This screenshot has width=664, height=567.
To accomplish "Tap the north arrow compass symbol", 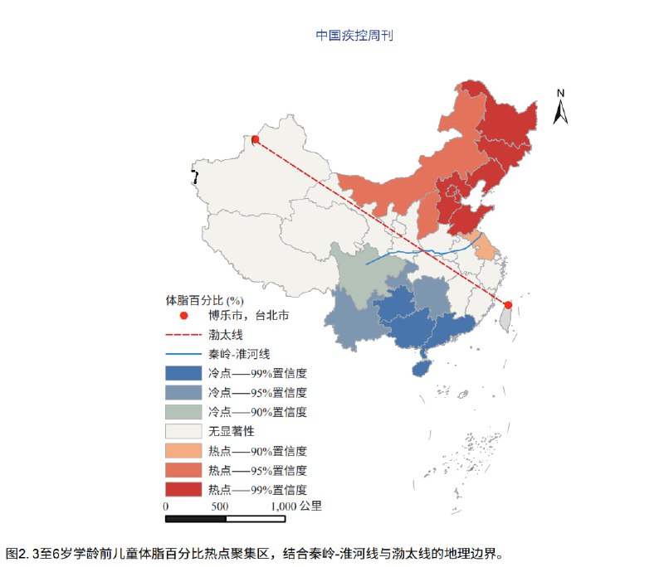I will (x=561, y=107).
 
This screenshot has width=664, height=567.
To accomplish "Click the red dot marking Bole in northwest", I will (x=256, y=140).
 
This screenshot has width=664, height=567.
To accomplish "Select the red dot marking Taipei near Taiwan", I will (x=508, y=304).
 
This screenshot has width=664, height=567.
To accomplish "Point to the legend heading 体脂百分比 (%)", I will (x=204, y=299).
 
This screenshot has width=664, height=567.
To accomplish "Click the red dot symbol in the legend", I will (x=183, y=316).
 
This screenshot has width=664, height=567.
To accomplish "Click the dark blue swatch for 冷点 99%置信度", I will (x=183, y=373).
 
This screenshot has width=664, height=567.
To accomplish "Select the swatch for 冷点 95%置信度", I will (x=183, y=392).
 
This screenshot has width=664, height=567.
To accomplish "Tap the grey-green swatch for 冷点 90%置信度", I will (x=183, y=412).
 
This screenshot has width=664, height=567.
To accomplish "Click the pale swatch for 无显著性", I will (x=183, y=431).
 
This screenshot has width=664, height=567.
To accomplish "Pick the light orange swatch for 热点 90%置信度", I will (x=183, y=451).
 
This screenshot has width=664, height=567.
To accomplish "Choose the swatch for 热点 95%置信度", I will (x=183, y=470).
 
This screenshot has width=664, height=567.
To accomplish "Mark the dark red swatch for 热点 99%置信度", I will (x=183, y=489).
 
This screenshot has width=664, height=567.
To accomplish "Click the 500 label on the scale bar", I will (x=220, y=506).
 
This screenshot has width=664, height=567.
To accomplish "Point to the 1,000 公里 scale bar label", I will (x=296, y=506).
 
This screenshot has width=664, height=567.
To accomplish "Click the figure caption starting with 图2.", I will (x=254, y=552).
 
